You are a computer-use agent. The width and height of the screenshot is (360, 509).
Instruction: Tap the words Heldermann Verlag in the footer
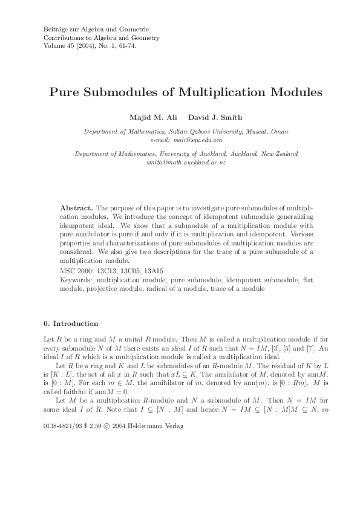[160, 409]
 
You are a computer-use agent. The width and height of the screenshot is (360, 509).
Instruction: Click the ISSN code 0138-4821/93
[63, 409]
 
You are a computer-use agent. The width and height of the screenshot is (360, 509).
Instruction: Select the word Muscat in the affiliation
[254, 131]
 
